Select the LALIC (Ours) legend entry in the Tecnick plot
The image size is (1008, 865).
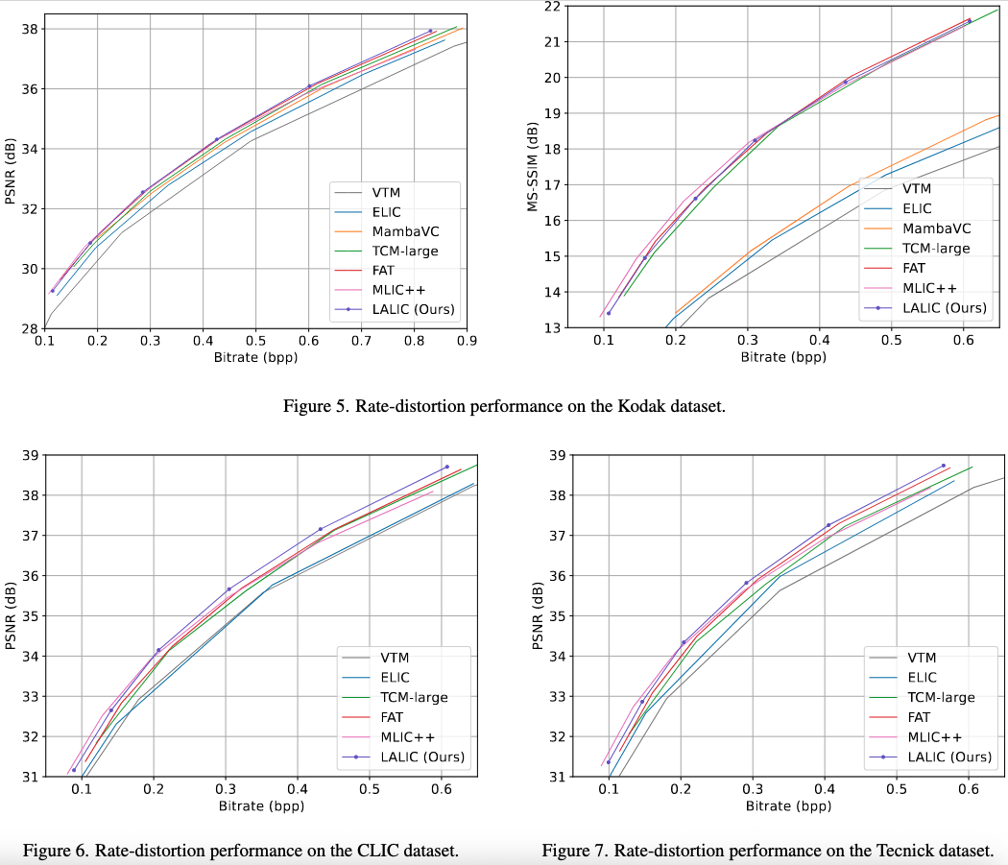pyautogui.click(x=949, y=757)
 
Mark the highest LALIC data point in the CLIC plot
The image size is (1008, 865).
pyautogui.click(x=446, y=467)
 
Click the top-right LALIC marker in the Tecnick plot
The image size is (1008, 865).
pyautogui.click(x=943, y=466)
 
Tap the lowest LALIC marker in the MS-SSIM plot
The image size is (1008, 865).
pyautogui.click(x=609, y=313)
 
